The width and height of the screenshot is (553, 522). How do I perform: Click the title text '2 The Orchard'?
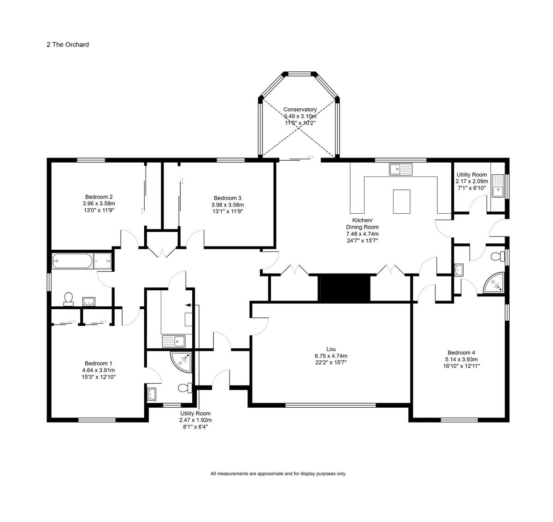(68, 45)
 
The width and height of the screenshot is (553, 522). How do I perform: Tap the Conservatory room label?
(300, 109)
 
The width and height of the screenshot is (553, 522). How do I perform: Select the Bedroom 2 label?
(99, 197)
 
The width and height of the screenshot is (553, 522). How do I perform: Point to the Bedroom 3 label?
(228, 198)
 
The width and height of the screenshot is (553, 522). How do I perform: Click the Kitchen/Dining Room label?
(362, 223)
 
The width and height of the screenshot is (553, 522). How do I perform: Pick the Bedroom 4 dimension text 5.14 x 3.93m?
(461, 359)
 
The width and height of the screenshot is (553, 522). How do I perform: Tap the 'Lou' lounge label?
(331, 349)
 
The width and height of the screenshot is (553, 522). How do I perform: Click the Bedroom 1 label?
(98, 364)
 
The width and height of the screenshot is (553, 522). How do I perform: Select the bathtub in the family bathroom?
(72, 261)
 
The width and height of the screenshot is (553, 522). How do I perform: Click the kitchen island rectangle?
(401, 201)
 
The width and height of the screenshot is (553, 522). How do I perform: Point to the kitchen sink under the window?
(400, 169)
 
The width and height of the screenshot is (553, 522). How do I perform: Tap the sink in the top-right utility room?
(498, 186)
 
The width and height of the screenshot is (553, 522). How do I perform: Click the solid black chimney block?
(345, 287)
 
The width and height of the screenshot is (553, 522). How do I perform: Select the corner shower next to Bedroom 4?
(494, 283)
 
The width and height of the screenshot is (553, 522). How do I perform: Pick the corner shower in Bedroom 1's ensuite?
(181, 362)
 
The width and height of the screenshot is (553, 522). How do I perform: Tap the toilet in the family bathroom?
(69, 299)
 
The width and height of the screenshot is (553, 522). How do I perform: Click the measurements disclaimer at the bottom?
(278, 474)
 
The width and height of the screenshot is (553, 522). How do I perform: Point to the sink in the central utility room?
(174, 341)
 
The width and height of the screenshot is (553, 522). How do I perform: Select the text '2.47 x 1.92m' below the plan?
(195, 420)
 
